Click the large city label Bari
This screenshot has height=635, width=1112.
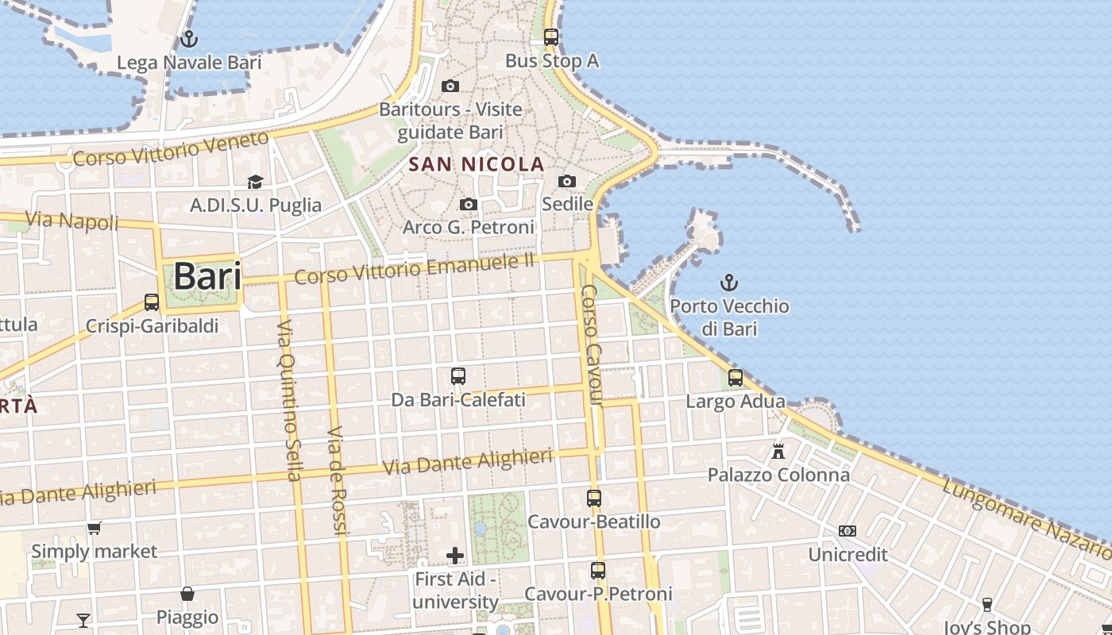click(x=207, y=277)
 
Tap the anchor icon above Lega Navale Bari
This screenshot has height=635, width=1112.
click(x=189, y=38)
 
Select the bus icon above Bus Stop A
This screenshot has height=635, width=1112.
click(x=551, y=37)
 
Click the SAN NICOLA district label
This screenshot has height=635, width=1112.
click(x=477, y=165)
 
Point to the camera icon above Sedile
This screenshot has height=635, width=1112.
click(x=567, y=182)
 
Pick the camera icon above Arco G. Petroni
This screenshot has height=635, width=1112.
click(x=469, y=205)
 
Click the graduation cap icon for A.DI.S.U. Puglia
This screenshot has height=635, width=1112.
click(x=255, y=183)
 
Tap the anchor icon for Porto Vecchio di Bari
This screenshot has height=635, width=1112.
click(x=728, y=283)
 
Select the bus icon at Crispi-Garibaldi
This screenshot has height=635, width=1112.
click(x=151, y=302)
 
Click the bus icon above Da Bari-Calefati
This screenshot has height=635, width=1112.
click(x=458, y=376)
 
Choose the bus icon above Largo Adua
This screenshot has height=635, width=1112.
click(x=736, y=378)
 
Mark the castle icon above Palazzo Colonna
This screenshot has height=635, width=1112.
click(x=778, y=452)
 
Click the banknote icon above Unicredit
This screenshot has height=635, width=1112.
click(x=848, y=531)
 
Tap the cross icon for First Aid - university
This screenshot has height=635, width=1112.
click(x=455, y=556)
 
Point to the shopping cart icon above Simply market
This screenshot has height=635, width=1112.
click(x=94, y=528)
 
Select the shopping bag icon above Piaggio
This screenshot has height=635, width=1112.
click(x=187, y=594)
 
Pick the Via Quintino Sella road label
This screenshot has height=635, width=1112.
click(x=288, y=400)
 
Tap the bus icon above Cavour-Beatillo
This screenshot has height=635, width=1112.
click(x=594, y=498)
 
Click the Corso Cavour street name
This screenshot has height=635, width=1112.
click(x=592, y=346)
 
